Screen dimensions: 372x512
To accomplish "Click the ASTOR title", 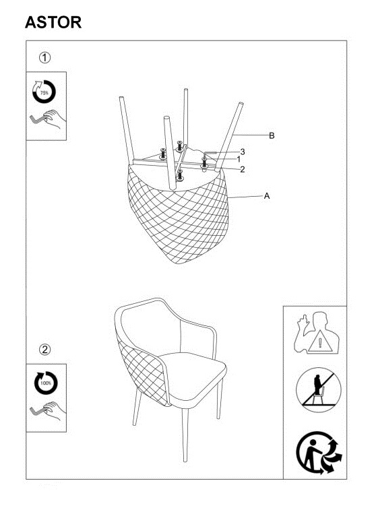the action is coord(53,22).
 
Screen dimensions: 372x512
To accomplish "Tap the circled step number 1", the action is coord(45,58).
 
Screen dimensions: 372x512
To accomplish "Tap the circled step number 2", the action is coord(45,350).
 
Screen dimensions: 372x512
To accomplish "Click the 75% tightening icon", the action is coord(44,92).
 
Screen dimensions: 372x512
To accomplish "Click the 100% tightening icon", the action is coord(46,383).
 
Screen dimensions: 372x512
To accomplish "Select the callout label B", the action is coord(272,135).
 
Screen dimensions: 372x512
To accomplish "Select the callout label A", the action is coord(267,196).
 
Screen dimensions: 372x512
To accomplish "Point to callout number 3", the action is coord(243,152).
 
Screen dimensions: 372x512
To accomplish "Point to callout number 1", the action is coord(239,160).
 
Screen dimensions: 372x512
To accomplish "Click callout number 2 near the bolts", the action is coord(243,169).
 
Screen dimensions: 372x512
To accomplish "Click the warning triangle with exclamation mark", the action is coord(320,342).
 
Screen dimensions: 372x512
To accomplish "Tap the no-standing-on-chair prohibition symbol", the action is coord(319,390).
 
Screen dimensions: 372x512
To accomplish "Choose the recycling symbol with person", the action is coord(319,453).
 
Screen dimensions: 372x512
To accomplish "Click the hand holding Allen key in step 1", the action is coord(48,120).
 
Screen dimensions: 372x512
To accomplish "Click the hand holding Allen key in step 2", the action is coord(48,411).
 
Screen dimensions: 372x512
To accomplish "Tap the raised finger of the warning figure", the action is coord(303,319).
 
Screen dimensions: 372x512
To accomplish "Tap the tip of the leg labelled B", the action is coord(241,104).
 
